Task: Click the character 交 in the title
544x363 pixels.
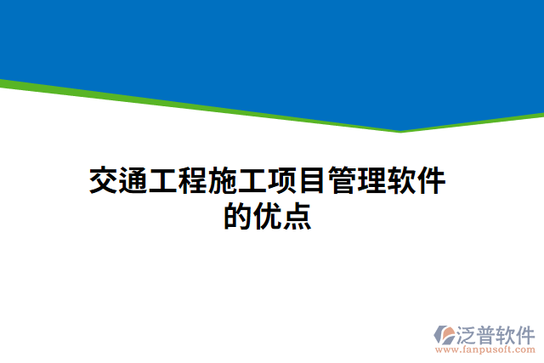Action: (104, 181)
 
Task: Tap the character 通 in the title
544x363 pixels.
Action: (133, 181)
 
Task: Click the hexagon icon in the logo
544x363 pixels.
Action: (445, 335)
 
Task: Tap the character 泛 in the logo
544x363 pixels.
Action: (468, 332)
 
